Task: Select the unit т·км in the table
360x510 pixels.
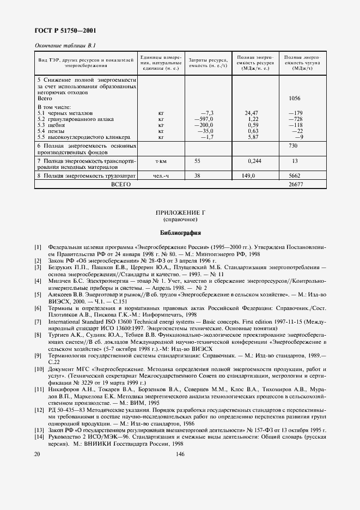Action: pos(161,162)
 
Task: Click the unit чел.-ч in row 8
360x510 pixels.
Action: pos(160,176)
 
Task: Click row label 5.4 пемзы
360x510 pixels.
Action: pos(53,131)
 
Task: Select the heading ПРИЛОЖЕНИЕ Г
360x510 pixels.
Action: pos(180,212)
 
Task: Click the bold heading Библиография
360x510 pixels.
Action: pos(180,232)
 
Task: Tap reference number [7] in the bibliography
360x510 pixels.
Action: pos(38,321)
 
